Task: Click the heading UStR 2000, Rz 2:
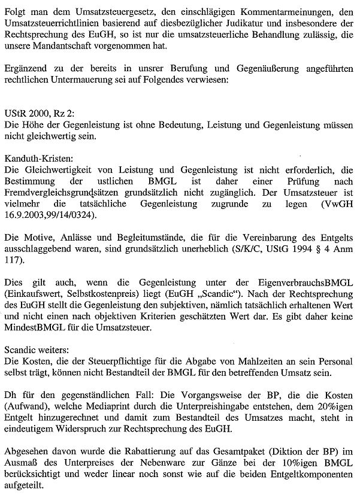[x=37, y=114]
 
